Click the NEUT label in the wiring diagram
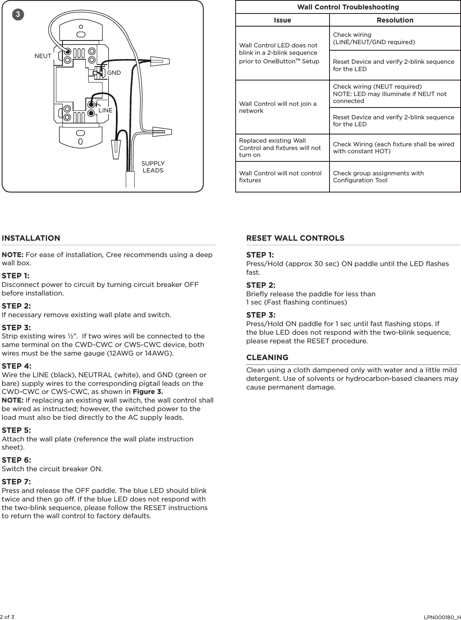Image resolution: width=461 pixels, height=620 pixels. [43, 56]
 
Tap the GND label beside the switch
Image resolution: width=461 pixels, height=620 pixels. [114, 73]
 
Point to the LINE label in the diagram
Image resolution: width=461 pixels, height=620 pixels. [105, 110]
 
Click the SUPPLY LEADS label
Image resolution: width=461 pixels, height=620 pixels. [153, 167]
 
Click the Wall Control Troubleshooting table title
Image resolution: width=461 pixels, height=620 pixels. [348, 7]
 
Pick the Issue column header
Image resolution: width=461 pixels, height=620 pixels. [282, 20]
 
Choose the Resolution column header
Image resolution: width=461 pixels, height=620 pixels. [395, 20]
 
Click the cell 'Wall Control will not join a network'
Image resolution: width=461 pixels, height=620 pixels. [278, 107]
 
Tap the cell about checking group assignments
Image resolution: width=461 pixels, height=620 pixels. [379, 177]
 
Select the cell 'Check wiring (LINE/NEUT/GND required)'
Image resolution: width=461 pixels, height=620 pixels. [374, 38]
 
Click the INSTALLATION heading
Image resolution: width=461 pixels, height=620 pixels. [31, 238]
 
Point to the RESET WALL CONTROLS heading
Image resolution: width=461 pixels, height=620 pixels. [295, 238]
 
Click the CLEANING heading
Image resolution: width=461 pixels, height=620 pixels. [267, 357]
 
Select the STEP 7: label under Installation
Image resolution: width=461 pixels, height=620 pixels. [16, 481]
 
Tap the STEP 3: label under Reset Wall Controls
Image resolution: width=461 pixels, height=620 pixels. [261, 315]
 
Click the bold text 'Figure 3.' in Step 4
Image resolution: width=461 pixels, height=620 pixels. [148, 392]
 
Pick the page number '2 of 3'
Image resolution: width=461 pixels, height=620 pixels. [7, 616]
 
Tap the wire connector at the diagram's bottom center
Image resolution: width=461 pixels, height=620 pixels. [117, 150]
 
